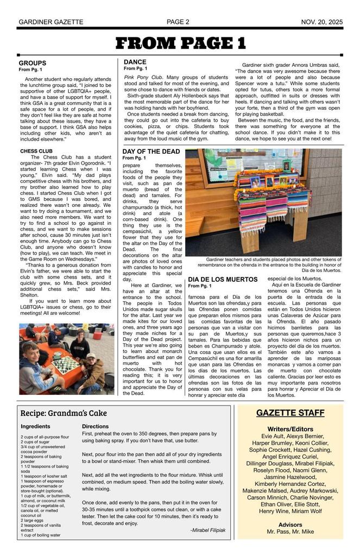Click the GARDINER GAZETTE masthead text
(51, 22)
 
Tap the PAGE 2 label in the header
(178, 22)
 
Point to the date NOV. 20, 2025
(322, 22)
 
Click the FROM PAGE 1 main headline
(181, 43)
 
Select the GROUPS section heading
(33, 64)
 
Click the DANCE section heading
(135, 62)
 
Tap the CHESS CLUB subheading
(36, 151)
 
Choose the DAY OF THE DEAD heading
(151, 151)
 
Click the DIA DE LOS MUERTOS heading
(223, 280)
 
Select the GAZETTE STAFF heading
(290, 413)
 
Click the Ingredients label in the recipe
(36, 427)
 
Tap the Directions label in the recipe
(96, 427)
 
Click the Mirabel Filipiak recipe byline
(207, 530)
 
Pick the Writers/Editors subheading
(290, 429)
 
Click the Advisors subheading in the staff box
(290, 525)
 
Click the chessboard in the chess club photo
(65, 364)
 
